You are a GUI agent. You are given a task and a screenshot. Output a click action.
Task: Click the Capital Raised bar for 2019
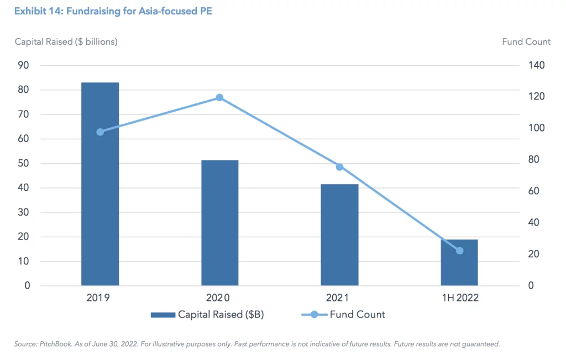click(100, 184)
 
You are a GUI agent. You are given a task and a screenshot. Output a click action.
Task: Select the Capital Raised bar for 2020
click(219, 223)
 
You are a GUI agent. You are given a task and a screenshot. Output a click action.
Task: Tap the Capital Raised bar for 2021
click(339, 234)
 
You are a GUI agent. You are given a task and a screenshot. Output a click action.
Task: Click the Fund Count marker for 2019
click(100, 132)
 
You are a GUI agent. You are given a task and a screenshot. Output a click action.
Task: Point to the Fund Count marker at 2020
click(219, 97)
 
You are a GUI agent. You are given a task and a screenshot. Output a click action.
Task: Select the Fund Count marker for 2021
click(339, 166)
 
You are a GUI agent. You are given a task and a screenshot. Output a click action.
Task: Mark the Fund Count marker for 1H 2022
click(459, 251)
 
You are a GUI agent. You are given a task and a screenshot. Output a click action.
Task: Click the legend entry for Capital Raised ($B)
click(212, 315)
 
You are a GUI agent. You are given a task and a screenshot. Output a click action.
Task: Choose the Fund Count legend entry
click(343, 315)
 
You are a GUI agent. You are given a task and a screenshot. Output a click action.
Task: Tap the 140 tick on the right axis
click(537, 65)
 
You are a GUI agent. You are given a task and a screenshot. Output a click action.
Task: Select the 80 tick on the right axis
click(534, 160)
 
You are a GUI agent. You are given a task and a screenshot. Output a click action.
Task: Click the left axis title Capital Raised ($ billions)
click(66, 41)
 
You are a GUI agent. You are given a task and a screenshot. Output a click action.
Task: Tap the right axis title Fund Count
click(526, 41)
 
